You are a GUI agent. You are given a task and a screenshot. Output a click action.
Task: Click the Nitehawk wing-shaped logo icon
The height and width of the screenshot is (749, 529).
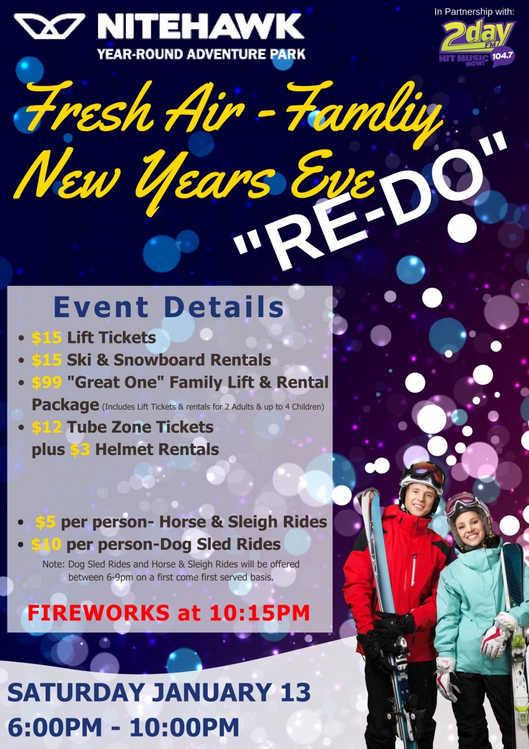[49, 26]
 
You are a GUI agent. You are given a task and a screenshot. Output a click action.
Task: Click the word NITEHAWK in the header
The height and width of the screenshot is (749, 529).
[201, 27]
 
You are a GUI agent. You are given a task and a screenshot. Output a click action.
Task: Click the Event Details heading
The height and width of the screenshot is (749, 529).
[169, 307]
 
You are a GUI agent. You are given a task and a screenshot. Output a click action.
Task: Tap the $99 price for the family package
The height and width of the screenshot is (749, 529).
[47, 382]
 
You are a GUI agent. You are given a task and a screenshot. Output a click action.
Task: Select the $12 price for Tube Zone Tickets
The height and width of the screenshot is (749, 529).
[47, 427]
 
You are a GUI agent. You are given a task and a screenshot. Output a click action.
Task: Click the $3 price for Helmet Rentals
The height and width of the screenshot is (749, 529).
[80, 449]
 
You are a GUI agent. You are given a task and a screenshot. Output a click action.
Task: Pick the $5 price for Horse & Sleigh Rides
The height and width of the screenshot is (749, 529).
[46, 522]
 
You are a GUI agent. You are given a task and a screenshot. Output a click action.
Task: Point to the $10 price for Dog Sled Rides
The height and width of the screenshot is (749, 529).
[46, 544]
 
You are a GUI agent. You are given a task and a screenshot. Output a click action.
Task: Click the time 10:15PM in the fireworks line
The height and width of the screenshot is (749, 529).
[260, 613]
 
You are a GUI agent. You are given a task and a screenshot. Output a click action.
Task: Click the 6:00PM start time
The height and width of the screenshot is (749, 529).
[54, 727]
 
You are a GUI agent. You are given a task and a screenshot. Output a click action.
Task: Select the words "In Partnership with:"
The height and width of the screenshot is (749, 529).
[474, 12]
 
